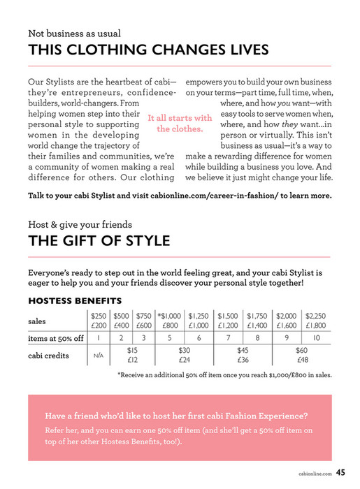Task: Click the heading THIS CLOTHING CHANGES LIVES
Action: [147, 50]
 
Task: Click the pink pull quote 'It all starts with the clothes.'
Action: [180, 124]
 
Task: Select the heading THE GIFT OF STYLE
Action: [99, 242]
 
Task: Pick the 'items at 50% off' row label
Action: [56, 338]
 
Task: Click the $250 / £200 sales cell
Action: [99, 321]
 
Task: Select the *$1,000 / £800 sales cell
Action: [170, 321]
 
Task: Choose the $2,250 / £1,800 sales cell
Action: [316, 321]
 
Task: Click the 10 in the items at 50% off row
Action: [316, 338]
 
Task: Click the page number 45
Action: [340, 472]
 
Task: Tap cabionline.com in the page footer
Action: [314, 473]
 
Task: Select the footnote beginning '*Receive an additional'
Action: [224, 374]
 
